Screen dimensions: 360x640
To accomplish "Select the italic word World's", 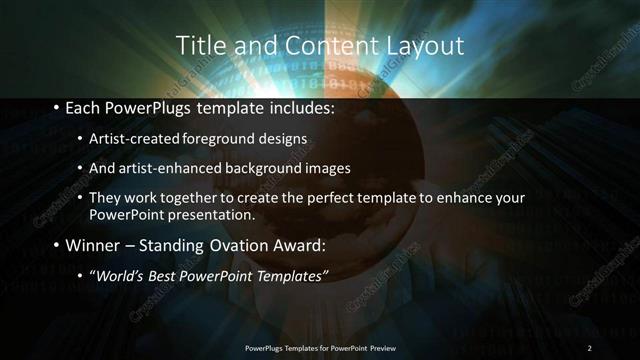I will pos(121,275).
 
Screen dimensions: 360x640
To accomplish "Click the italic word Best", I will pos(164,275).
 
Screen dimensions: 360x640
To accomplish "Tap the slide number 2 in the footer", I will pos(590,347).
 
